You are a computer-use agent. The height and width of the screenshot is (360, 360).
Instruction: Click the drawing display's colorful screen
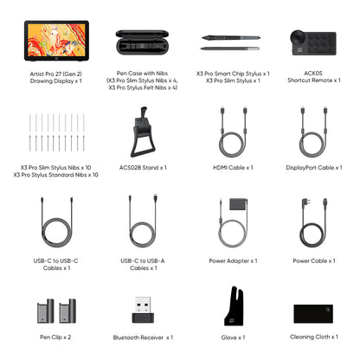[x=56, y=40]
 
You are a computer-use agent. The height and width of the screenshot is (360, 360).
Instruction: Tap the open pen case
[x=142, y=42]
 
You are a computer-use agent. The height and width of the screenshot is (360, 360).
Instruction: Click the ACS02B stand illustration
[x=143, y=132]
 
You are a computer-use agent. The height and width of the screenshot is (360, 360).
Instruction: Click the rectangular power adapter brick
[x=239, y=204]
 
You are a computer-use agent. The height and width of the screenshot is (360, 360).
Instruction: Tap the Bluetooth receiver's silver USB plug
[x=143, y=305]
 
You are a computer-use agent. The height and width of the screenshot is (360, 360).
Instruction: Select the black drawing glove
[x=235, y=306]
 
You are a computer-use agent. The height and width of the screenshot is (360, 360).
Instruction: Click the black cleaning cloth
[x=313, y=313]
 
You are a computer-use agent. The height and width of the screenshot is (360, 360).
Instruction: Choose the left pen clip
[x=46, y=311]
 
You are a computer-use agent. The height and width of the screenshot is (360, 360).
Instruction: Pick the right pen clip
[x=67, y=311]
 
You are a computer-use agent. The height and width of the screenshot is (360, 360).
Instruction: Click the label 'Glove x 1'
[x=233, y=337]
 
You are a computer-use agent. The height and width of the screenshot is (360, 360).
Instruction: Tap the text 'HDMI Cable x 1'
[x=233, y=168]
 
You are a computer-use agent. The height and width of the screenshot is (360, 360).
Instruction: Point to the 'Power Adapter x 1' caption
[x=233, y=261]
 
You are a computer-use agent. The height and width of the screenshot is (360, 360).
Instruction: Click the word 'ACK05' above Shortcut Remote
[x=313, y=74]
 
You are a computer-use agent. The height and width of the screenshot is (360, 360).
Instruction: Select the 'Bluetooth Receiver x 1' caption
[x=143, y=337]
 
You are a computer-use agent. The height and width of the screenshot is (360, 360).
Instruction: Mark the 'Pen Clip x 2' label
[x=55, y=337]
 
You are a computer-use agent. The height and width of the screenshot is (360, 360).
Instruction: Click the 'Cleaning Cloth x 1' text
[x=314, y=337]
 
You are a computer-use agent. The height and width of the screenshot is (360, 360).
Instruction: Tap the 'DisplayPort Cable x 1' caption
[x=314, y=168]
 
